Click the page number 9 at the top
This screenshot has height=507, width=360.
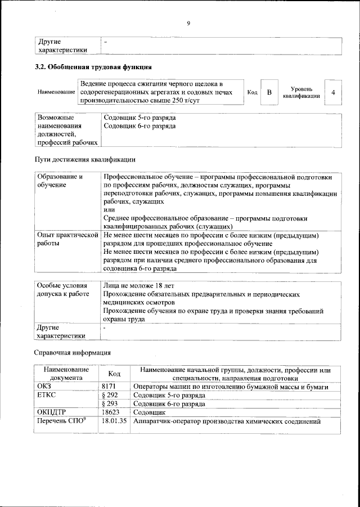tap(188, 23)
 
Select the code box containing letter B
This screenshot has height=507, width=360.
tap(269, 92)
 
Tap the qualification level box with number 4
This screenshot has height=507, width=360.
tap(334, 92)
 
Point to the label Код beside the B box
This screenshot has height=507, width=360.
tap(252, 92)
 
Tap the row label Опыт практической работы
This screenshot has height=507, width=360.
tap(67, 239)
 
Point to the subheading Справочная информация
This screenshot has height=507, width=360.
tap(73, 353)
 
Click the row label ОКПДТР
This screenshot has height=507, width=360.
tap(52, 412)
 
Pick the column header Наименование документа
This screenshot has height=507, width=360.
tap(66, 374)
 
